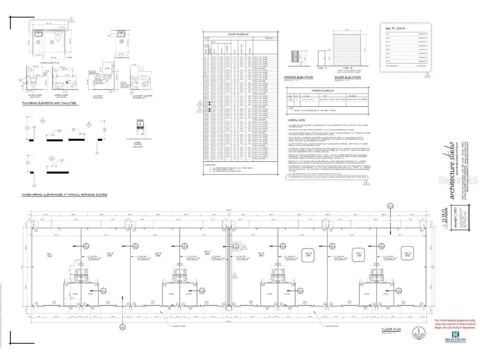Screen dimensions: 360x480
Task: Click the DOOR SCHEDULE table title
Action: (239, 34)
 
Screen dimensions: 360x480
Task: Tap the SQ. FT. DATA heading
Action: (395, 28)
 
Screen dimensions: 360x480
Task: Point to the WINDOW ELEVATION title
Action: (299, 77)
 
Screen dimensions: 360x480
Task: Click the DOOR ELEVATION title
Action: (348, 77)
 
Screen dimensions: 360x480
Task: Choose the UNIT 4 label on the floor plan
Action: (207, 252)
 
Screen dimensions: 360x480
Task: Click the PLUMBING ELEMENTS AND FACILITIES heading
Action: (49, 103)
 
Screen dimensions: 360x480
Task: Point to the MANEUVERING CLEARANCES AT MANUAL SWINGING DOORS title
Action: (65, 194)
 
